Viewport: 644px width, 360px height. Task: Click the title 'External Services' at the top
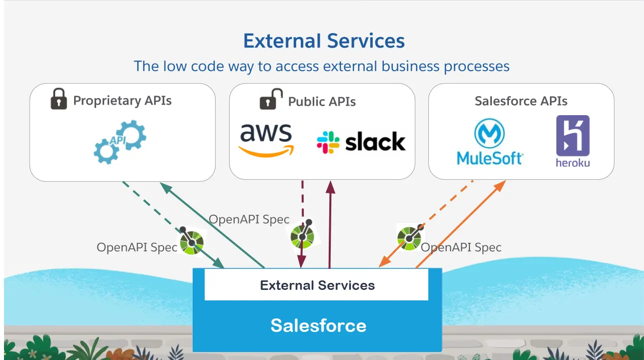pos(324,41)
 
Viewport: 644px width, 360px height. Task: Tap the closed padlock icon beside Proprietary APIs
pos(59,99)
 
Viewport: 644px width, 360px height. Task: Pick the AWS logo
pos(266,140)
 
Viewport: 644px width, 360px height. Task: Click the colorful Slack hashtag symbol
pos(328,142)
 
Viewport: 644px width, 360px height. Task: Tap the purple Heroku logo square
pos(572,136)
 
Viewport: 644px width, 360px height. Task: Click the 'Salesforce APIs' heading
pos(521,101)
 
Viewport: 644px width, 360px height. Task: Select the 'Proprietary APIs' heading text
pos(122,101)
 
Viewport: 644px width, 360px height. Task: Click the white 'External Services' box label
pos(317,285)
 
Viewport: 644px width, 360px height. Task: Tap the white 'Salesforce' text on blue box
pos(318,325)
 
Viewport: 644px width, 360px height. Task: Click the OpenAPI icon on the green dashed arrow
pos(192,240)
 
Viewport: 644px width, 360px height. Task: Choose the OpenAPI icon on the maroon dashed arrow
pos(303,234)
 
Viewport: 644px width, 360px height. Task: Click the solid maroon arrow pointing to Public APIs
pos(330,225)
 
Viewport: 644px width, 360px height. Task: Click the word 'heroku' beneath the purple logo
pos(572,163)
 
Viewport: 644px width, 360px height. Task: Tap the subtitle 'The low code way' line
pos(321,66)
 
